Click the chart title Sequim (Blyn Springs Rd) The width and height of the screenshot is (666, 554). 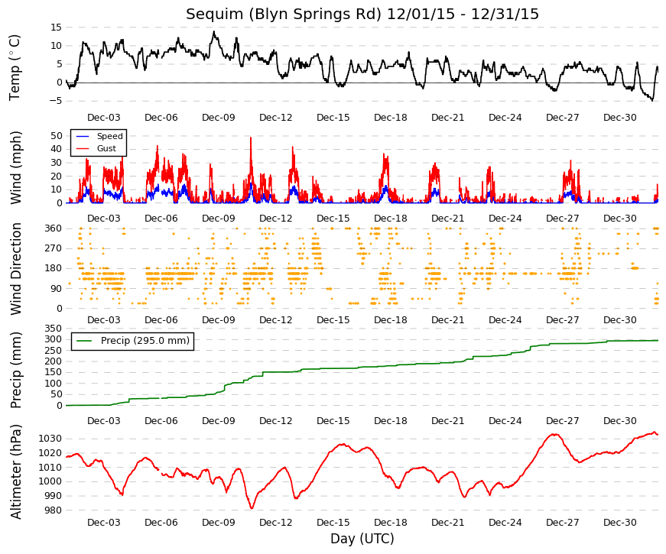point(284,14)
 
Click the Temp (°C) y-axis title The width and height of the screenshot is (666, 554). point(15,68)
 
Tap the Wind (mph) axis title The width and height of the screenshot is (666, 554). point(16,168)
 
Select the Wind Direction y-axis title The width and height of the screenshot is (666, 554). point(16,269)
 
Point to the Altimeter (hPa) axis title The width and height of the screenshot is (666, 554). point(16,471)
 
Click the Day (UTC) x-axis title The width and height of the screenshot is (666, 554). point(362,539)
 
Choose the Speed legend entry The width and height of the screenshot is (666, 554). point(99,136)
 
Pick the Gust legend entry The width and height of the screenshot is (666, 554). point(96,148)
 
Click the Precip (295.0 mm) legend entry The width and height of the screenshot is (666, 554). point(132,341)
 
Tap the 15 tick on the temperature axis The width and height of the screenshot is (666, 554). point(56,28)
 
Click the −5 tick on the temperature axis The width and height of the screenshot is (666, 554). point(55,101)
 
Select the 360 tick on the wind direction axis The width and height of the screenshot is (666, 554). point(54,228)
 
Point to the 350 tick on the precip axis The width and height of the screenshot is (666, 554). point(54,328)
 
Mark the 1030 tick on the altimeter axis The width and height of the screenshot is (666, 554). point(50,439)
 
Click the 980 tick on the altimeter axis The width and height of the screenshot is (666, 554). point(53,510)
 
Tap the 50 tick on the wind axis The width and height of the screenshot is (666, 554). point(57,136)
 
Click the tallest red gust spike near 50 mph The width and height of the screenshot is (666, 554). point(251,138)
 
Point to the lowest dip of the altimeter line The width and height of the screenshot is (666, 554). point(252,508)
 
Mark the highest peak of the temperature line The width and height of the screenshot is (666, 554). point(214,31)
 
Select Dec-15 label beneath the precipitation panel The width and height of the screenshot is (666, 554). point(333,421)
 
